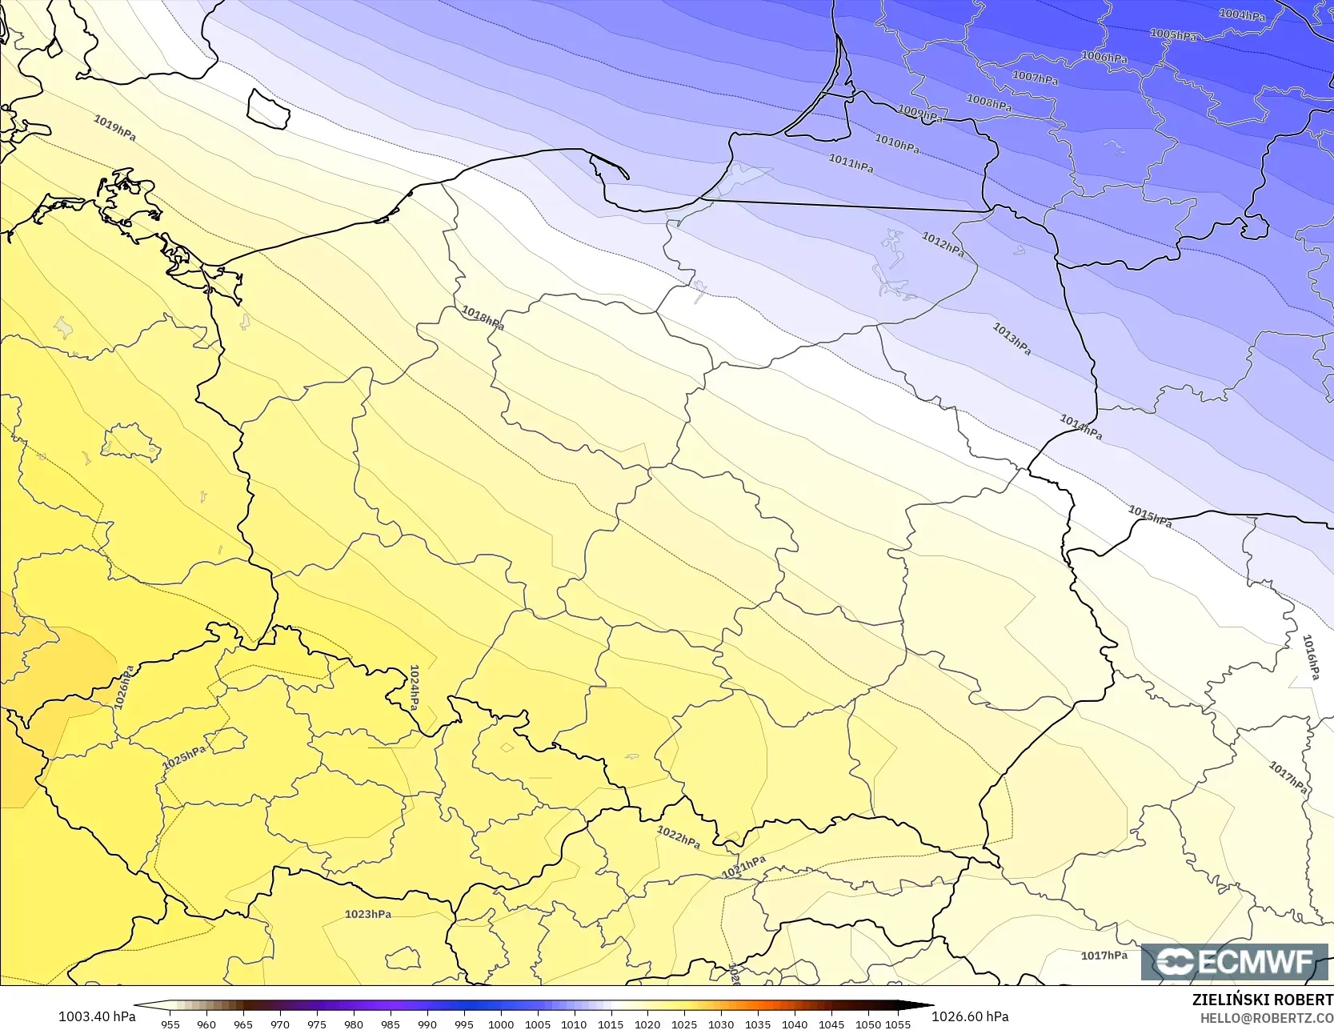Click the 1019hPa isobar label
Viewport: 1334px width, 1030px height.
pyautogui.click(x=114, y=128)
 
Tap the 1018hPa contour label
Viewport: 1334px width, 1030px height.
pyautogui.click(x=483, y=318)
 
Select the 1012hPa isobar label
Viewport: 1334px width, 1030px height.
pyautogui.click(x=943, y=244)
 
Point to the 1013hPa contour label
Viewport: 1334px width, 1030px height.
pyautogui.click(x=1012, y=339)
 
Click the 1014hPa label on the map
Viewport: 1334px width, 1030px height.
pyautogui.click(x=1080, y=427)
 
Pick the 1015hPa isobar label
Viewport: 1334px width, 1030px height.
pyautogui.click(x=1150, y=516)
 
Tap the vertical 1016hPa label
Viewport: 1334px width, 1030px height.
pyautogui.click(x=1310, y=657)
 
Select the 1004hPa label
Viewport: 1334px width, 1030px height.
pyautogui.click(x=1242, y=15)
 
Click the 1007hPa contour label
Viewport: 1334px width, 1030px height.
pyautogui.click(x=1035, y=78)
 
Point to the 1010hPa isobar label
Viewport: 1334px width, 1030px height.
pyautogui.click(x=896, y=143)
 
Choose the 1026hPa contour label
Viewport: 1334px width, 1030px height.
pyautogui.click(x=124, y=687)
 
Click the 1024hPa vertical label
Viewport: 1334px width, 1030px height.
pyautogui.click(x=414, y=687)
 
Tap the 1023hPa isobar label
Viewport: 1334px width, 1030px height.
pyautogui.click(x=368, y=914)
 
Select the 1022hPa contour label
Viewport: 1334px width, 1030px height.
pyautogui.click(x=679, y=837)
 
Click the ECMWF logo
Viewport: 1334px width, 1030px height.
pyautogui.click(x=1235, y=961)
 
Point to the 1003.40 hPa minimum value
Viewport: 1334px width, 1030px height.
pyautogui.click(x=97, y=1016)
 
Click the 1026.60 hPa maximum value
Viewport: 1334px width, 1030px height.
pyautogui.click(x=970, y=1016)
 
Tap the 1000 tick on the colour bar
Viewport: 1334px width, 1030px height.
pyautogui.click(x=501, y=1024)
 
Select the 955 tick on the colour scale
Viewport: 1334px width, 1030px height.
pyautogui.click(x=170, y=1024)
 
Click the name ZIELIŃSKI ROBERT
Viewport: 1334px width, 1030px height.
pyautogui.click(x=1262, y=1000)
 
